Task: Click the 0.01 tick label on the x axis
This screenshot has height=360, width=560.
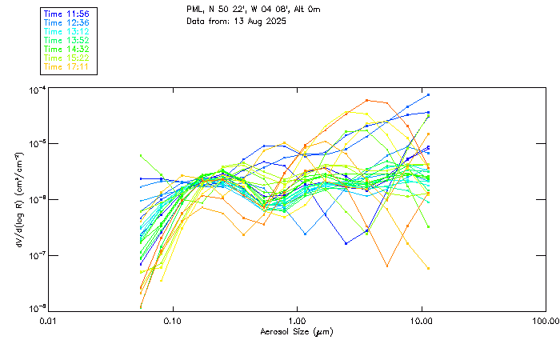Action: pyautogui.click(x=49, y=322)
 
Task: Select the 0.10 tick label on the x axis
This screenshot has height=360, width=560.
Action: pyautogui.click(x=173, y=322)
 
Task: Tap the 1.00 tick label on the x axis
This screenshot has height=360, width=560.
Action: pyautogui.click(x=297, y=322)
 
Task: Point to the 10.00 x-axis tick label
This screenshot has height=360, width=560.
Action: pyautogui.click(x=422, y=322)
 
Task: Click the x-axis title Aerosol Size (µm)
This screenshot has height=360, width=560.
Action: pyautogui.click(x=297, y=331)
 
